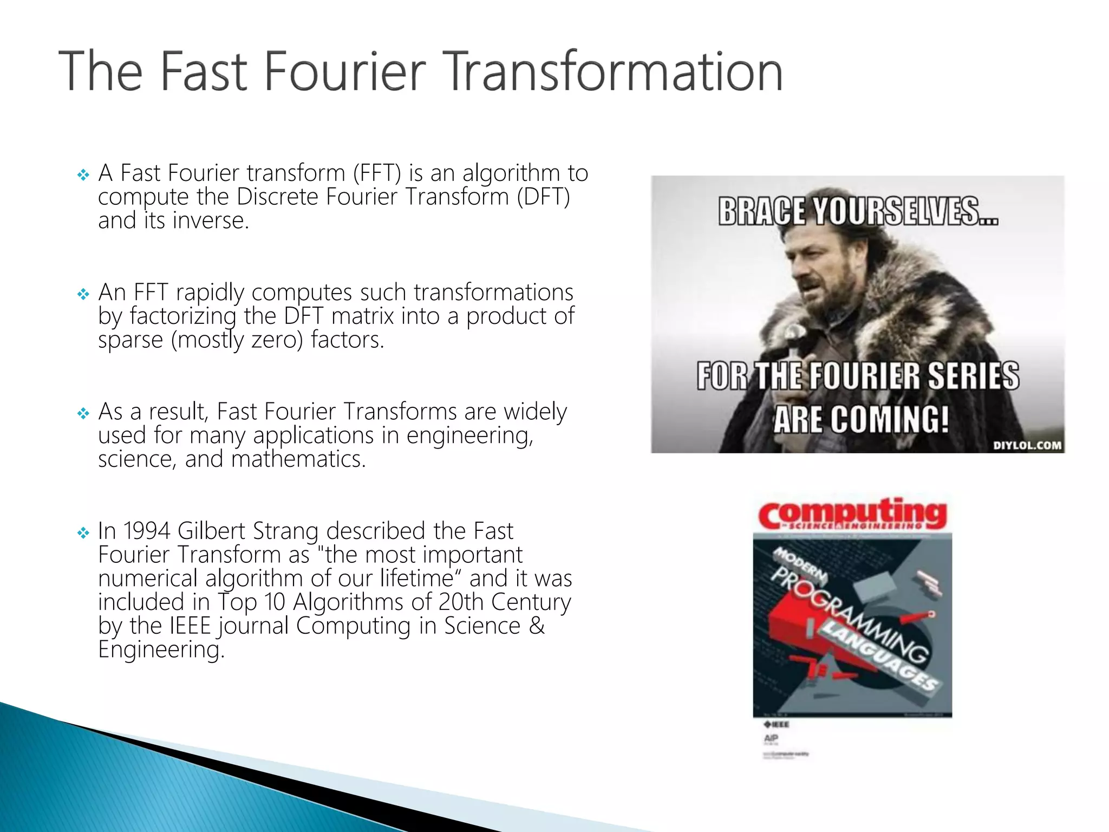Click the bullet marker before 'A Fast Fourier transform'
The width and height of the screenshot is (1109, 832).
coord(83,175)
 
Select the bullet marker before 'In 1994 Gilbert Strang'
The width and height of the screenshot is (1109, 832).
coord(83,533)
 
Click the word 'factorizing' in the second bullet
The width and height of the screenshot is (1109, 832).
coord(183,316)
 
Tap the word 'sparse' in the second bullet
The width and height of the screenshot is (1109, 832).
coord(131,340)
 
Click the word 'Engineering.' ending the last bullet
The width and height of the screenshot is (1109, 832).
coord(161,649)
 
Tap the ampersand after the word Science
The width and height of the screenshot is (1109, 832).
coord(537,626)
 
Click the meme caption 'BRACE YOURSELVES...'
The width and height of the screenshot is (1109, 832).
coord(858,211)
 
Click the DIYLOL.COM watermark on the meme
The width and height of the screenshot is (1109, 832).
coord(1027,445)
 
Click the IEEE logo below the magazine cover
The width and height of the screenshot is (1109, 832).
coord(777,724)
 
